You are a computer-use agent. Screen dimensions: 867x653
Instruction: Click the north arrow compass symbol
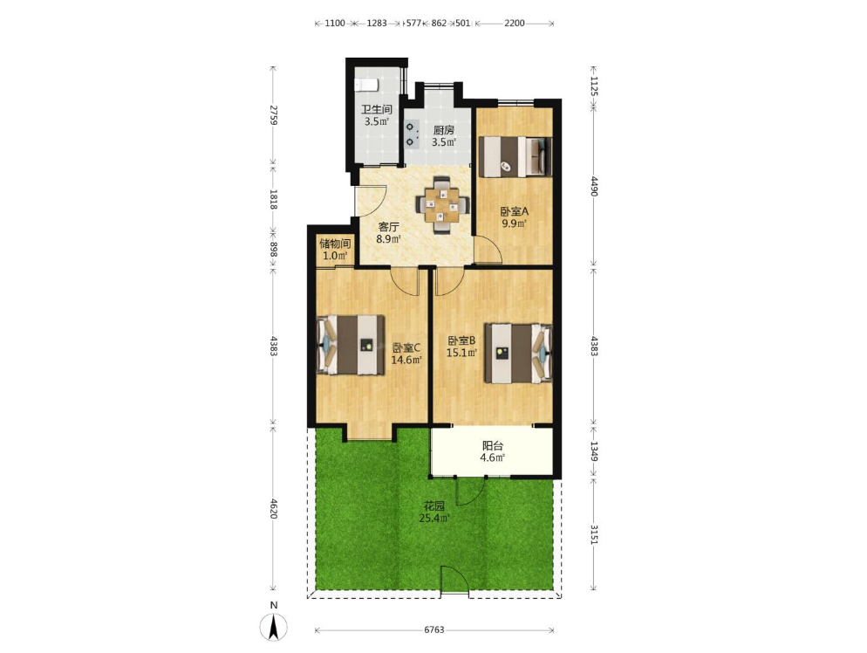coord(274,627)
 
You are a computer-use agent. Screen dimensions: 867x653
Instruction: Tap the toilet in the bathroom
coord(366,85)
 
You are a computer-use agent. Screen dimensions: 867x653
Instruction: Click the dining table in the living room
coord(443,205)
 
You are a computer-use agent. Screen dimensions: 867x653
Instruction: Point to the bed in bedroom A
coord(515,156)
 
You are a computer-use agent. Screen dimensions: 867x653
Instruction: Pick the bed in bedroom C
coord(351,345)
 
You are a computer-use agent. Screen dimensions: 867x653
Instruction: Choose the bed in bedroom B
coord(518,353)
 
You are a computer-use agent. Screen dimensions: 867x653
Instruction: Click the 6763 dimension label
coord(434,629)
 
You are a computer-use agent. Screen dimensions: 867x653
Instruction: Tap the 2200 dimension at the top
coord(514,24)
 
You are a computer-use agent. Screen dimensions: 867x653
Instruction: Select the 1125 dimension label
coord(593,86)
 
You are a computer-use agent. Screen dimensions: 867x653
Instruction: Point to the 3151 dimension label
coord(593,534)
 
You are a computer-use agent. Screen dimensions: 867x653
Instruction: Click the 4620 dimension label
coord(273,508)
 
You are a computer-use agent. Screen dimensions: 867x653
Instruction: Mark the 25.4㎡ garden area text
coord(434,519)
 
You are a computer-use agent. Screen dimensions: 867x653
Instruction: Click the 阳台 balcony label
coord(492,446)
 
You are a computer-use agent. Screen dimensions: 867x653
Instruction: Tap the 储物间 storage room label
coord(335,244)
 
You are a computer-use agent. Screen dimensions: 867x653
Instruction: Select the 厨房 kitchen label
coord(443,130)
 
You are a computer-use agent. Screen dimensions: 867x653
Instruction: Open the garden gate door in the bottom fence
coord(454,581)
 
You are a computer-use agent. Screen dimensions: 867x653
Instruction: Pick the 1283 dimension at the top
coord(377,24)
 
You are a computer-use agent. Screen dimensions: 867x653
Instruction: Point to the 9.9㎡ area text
coord(514,223)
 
